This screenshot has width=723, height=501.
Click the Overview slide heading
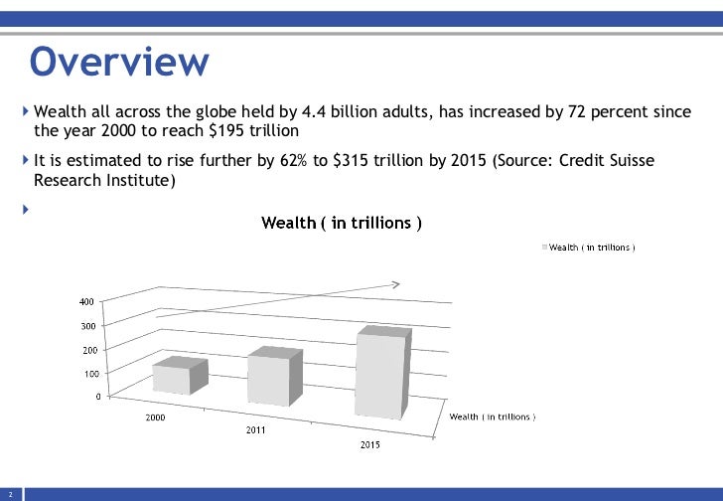coord(119,62)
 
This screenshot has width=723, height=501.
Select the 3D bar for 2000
coord(176,378)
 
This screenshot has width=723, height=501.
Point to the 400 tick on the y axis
coord(87,301)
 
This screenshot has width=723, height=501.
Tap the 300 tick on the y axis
coord(87,326)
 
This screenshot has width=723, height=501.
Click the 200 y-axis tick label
coord(87,350)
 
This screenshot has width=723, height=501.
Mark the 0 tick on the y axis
coord(96,397)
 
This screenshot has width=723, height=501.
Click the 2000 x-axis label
coord(156,417)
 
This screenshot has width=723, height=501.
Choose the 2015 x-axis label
coord(368,444)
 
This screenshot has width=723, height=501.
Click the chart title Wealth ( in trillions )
coord(342,223)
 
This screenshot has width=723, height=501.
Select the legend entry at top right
coord(588,247)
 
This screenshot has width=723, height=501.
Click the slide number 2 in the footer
coord(9,494)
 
